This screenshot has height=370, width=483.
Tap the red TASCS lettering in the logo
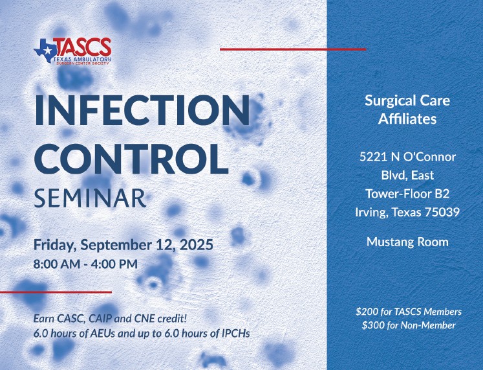click(x=83, y=47)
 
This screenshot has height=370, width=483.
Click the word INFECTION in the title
click(x=142, y=110)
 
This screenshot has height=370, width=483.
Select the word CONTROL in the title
click(x=131, y=159)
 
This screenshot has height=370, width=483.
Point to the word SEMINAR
click(x=90, y=198)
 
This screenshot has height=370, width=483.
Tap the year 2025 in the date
click(x=196, y=245)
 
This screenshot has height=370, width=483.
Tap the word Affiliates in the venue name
click(x=407, y=119)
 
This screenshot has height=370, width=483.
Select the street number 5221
click(x=374, y=157)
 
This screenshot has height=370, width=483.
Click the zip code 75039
click(x=442, y=213)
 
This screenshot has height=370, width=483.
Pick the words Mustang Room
click(x=407, y=242)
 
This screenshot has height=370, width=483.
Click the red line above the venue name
click(x=293, y=49)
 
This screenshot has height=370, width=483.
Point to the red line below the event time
click(x=56, y=292)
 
